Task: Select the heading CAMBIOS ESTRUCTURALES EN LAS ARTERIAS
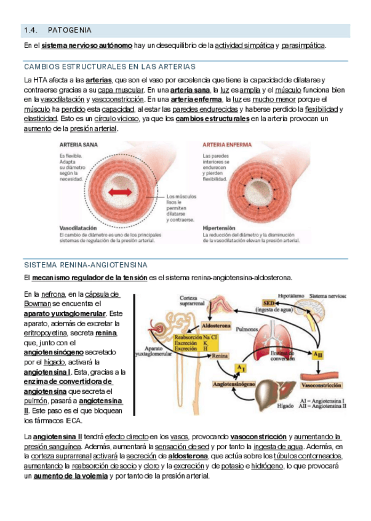coord(110,66)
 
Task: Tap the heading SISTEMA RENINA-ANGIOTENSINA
coord(86,265)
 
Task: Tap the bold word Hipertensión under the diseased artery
coord(220,227)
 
